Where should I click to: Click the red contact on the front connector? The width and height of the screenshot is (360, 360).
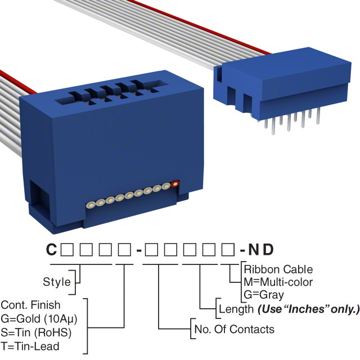pyautogui.click(x=175, y=183)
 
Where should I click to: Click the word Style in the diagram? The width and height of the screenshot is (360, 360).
pyautogui.click(x=57, y=282)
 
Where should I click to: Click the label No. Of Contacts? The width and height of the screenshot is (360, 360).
pyautogui.click(x=233, y=329)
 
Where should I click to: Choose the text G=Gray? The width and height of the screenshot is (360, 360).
pyautogui.click(x=264, y=294)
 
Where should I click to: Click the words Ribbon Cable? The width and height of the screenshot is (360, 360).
pyautogui.click(x=278, y=269)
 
